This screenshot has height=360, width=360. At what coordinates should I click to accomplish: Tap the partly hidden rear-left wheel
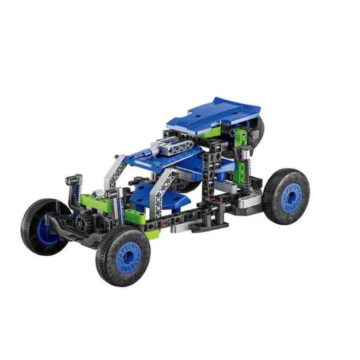point(258,130)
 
